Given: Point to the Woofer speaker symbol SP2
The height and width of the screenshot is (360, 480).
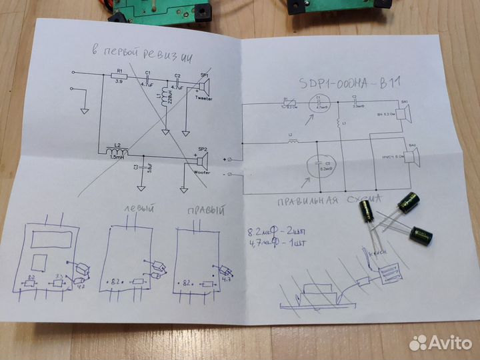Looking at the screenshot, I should (x=202, y=159).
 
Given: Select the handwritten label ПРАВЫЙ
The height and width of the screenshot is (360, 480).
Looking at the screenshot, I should (x=203, y=211).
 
